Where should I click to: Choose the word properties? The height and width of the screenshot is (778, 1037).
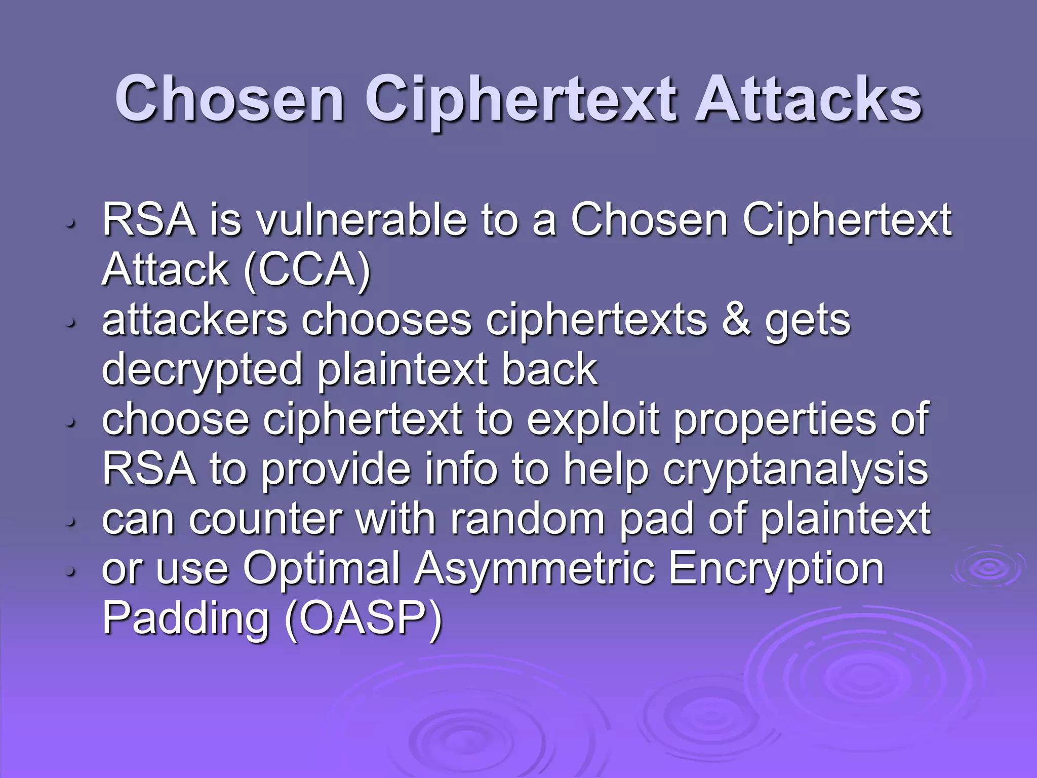click(x=775, y=420)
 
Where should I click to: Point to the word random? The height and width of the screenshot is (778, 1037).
click(x=527, y=519)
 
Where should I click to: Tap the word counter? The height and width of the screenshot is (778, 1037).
click(x=265, y=520)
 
